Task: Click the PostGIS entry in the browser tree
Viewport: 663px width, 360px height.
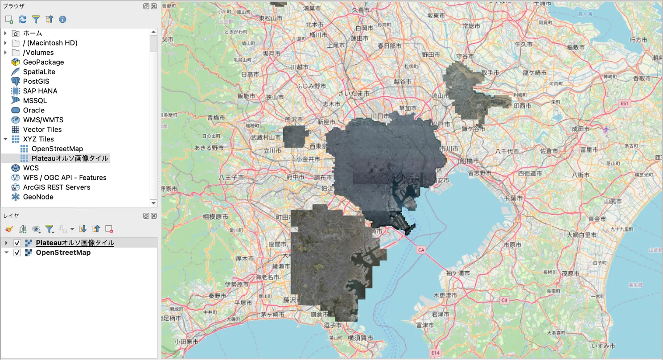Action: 36,81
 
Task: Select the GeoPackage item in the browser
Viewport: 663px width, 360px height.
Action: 43,62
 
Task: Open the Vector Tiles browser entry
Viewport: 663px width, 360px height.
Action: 42,129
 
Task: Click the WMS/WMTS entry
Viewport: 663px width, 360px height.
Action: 43,120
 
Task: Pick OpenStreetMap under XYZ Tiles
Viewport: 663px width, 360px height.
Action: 57,149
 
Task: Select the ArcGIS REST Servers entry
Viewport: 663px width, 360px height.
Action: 56,187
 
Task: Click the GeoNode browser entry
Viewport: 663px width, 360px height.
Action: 38,197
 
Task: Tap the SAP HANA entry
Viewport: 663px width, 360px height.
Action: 40,91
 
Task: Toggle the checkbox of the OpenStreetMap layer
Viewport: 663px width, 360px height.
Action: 17,252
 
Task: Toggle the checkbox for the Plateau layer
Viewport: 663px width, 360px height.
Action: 17,243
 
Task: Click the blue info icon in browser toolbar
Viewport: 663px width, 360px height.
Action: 62,19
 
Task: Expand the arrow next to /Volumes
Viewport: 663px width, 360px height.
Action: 6,53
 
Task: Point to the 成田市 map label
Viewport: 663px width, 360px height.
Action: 581,128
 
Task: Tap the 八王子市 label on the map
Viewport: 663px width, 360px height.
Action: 231,177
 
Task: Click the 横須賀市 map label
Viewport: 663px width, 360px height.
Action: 360,338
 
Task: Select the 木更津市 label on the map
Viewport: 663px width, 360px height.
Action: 445,295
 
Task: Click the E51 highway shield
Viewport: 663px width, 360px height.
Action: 624,103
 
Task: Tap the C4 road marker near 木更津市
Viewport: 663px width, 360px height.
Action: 504,300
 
